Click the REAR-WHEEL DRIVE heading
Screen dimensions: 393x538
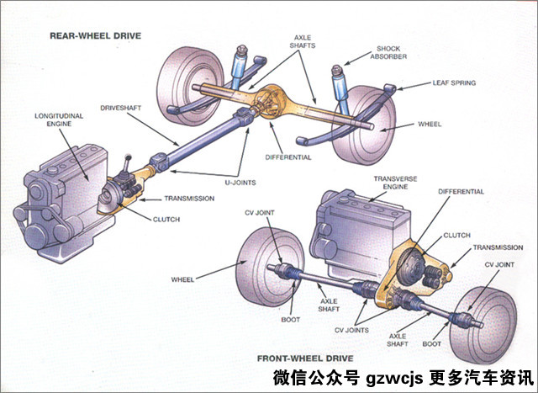pos(94,36)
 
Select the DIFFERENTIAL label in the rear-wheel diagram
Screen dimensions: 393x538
pos(287,157)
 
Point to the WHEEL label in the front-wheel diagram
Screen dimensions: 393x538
pos(183,279)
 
